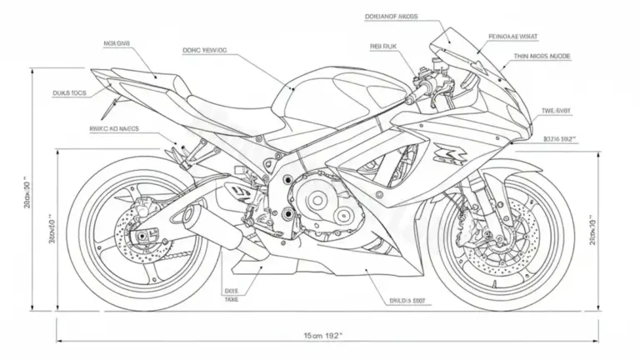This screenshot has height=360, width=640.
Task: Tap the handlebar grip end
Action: pos(410,101)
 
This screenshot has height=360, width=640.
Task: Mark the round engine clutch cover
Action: pos(318,202)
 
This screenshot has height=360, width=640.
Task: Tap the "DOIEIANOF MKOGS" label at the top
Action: pos(391,16)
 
